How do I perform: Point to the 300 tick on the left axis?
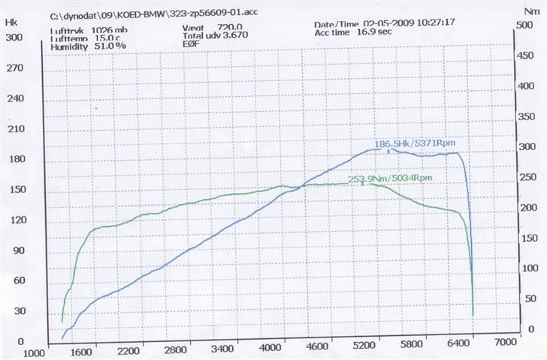(x=14, y=37)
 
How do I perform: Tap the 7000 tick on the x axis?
(x=506, y=341)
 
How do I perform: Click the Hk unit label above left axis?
(x=11, y=23)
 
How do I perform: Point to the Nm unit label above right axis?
(x=533, y=11)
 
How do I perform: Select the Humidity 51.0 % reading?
(x=89, y=47)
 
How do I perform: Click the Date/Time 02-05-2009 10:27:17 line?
(x=373, y=24)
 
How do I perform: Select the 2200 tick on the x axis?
(x=130, y=350)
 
